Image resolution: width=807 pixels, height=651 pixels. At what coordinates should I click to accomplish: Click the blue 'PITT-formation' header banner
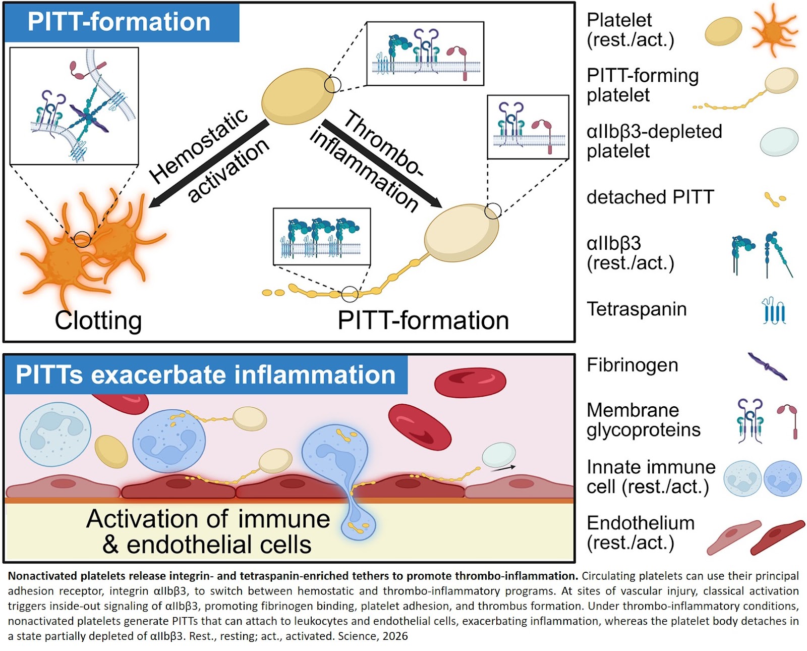click(121, 22)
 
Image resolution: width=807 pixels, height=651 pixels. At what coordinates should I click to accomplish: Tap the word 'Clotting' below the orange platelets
click(98, 320)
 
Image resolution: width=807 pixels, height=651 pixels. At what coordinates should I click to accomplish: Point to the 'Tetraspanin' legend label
click(637, 309)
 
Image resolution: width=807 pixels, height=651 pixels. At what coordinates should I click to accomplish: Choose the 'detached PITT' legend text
click(650, 197)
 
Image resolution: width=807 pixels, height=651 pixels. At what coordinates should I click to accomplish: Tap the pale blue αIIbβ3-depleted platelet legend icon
click(779, 141)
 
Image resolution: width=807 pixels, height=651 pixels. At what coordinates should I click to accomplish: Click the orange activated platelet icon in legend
click(774, 31)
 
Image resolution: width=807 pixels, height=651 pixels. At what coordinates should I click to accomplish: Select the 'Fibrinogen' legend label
click(632, 365)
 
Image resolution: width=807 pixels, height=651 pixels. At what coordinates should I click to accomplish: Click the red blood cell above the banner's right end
click(470, 382)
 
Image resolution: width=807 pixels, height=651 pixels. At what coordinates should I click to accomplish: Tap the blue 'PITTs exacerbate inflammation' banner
click(205, 375)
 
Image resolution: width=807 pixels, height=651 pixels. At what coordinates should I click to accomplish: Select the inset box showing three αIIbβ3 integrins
click(321, 236)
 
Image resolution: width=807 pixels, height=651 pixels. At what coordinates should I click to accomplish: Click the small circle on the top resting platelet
click(332, 85)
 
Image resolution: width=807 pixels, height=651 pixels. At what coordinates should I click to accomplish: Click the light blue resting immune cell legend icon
click(742, 478)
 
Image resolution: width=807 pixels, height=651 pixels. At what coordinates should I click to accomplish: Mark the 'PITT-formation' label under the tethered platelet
click(423, 320)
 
